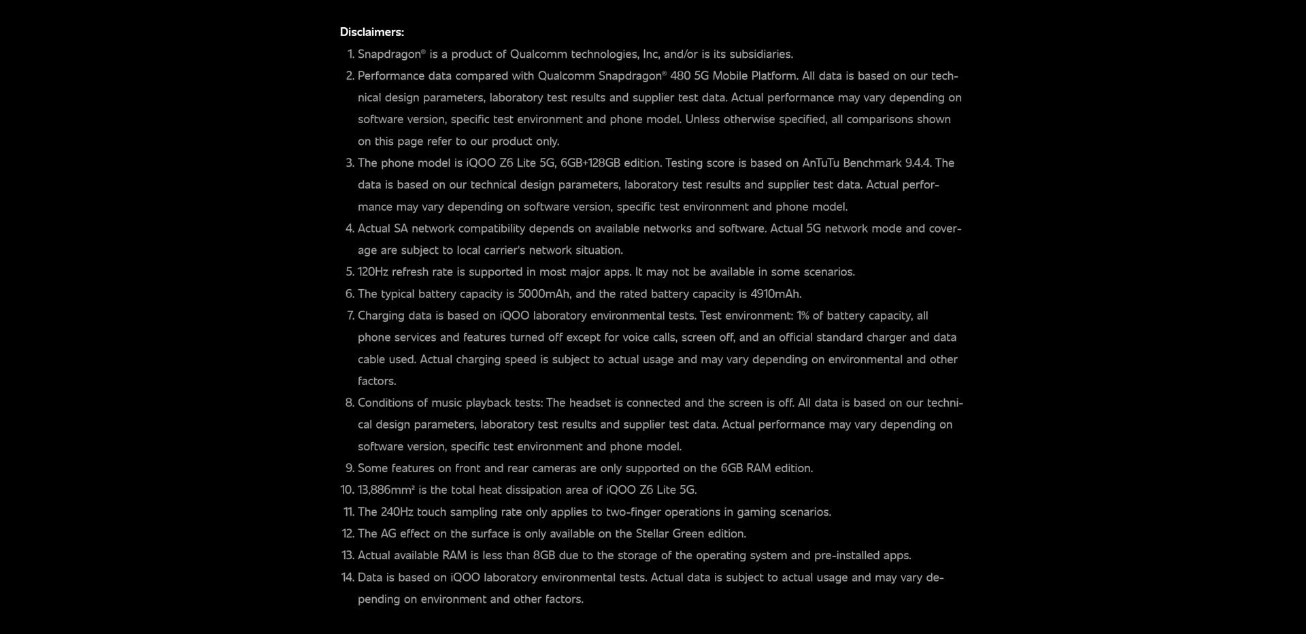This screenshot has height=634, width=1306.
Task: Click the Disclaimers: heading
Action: (371, 32)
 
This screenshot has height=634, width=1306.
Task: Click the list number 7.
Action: (350, 316)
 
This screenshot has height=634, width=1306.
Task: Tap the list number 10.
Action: (347, 490)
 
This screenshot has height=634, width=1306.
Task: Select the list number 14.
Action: (348, 578)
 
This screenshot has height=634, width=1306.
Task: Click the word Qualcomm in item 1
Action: (538, 54)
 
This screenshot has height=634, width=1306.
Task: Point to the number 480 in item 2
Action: (680, 76)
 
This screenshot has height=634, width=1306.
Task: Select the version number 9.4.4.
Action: (918, 163)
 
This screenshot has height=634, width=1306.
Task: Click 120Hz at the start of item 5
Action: (373, 272)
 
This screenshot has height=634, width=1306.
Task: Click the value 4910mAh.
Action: (775, 294)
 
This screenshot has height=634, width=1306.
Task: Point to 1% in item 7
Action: (804, 316)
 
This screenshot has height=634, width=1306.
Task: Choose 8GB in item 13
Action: (543, 556)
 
